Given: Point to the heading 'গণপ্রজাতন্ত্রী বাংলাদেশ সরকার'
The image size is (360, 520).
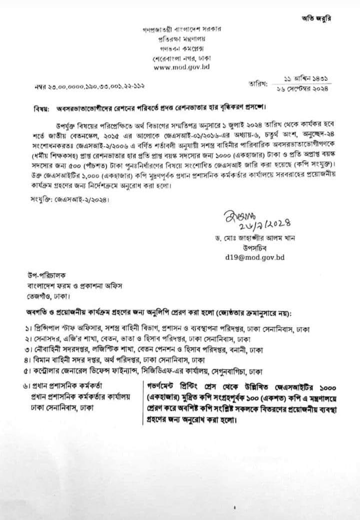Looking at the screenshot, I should tap(181, 29).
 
